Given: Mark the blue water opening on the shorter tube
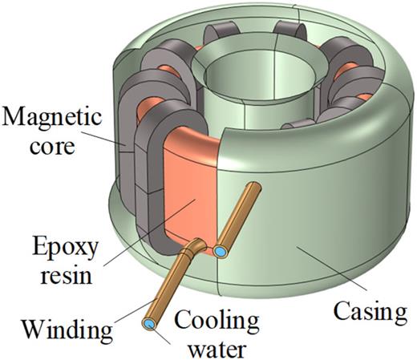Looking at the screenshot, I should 221,252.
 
